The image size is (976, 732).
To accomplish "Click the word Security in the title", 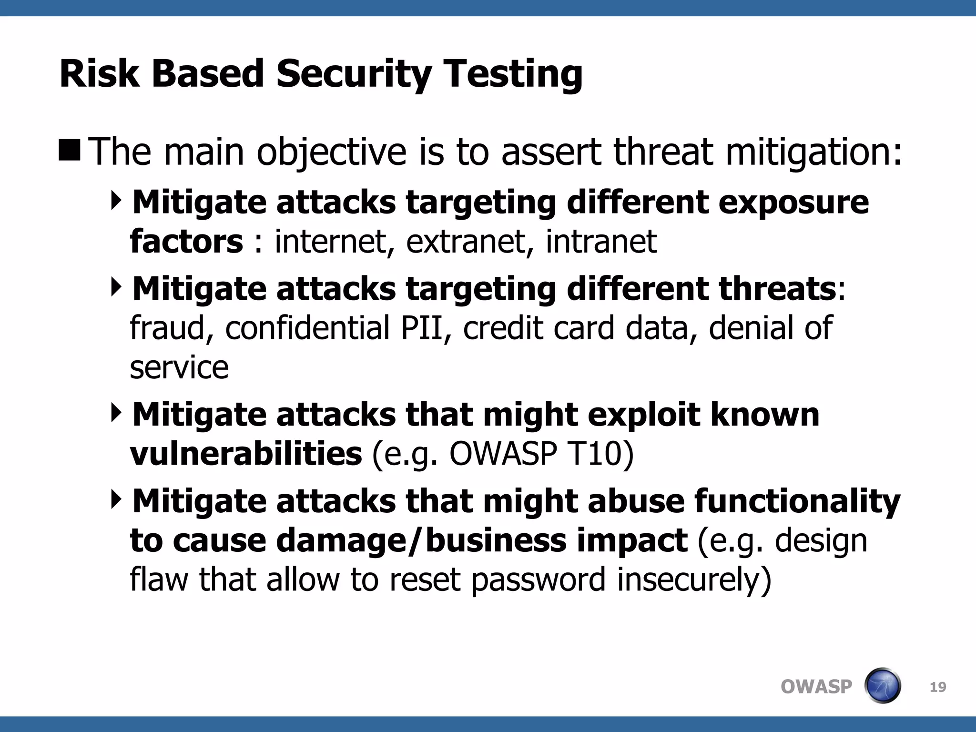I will [354, 74].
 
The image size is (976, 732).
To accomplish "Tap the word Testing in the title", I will [513, 74].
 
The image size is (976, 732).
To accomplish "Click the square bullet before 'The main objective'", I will [70, 150].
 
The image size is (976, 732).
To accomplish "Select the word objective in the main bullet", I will [332, 152].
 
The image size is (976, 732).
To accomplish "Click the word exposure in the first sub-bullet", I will [793, 203].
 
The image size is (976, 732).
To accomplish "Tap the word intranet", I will [601, 242].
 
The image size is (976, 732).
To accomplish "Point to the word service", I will [179, 368].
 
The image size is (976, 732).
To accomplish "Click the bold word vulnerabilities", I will [246, 454].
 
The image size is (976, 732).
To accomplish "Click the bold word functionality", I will [797, 502].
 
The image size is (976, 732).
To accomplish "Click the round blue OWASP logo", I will [882, 686].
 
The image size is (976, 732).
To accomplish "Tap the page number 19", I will [938, 687].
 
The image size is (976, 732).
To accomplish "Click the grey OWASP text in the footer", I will [816, 687].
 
